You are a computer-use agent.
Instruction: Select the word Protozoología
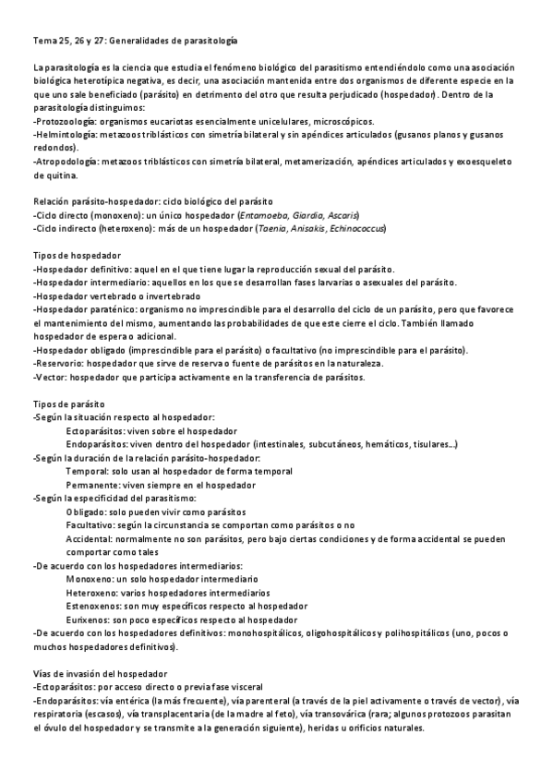tap(65, 121)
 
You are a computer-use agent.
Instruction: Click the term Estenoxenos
tap(95, 605)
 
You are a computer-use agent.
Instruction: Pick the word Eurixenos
tap(90, 619)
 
